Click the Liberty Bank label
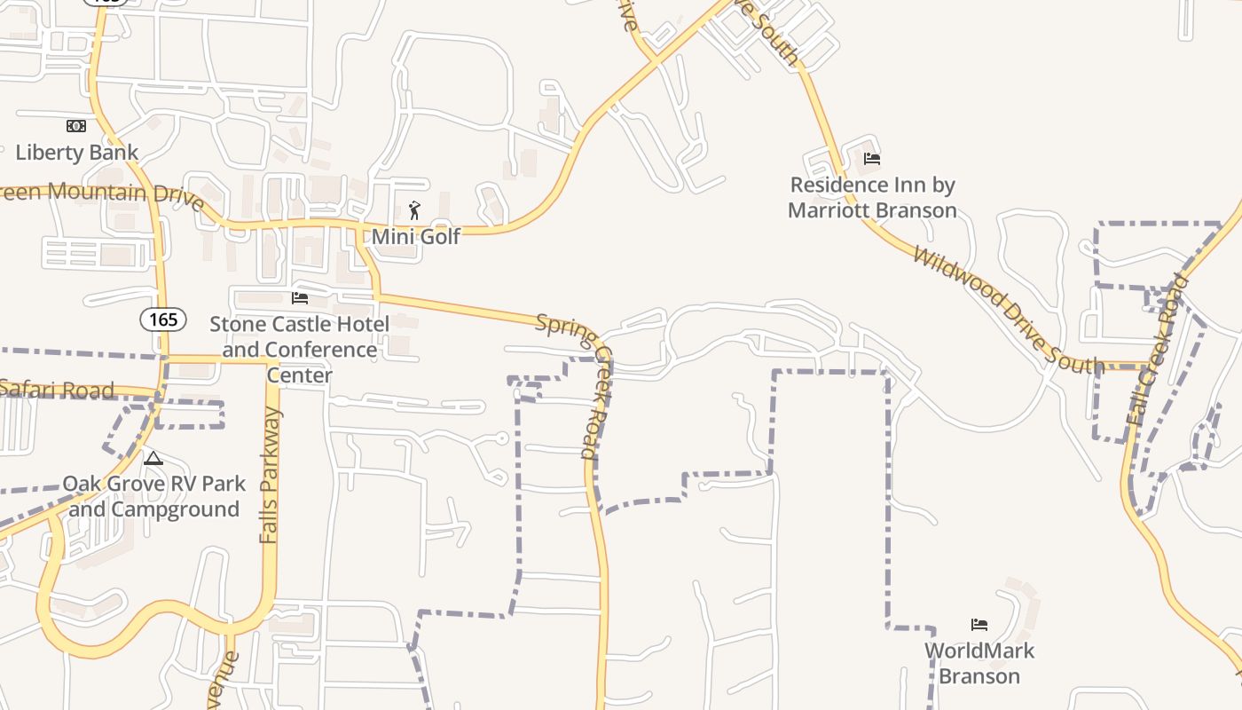77,152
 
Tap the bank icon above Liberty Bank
76,126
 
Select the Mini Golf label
416,236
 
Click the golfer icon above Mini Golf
414,210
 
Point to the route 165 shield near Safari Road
163,319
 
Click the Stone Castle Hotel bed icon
300,297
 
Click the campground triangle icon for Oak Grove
153,459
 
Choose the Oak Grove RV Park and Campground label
153,496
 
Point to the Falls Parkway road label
271,476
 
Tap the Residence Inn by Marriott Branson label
873,197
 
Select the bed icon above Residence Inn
872,159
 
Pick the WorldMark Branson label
979,663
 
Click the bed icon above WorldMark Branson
979,625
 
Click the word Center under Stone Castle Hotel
300,375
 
